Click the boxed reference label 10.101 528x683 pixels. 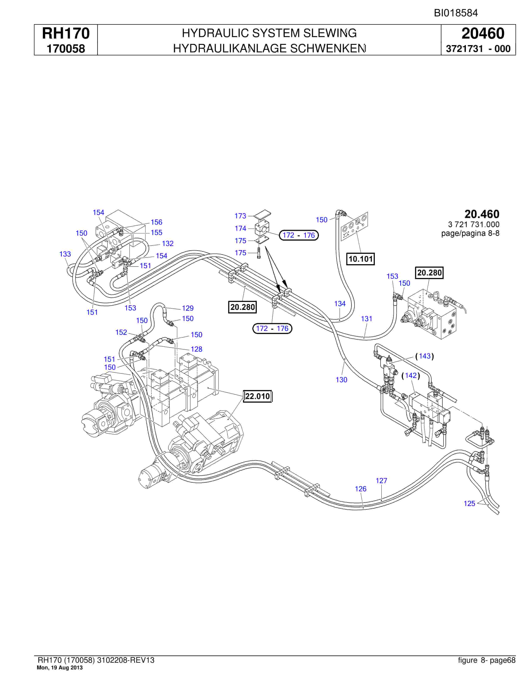pos(361,259)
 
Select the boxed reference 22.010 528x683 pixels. pos(258,396)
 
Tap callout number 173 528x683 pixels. pos(240,216)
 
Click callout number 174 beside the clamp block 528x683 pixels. pos(240,229)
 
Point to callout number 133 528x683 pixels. pos(65,254)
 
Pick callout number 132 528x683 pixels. pos(168,243)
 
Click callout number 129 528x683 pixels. pos(188,308)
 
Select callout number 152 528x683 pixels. pos(121,332)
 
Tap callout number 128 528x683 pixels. pos(196,349)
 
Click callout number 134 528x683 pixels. pos(340,304)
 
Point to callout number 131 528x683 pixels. pos(367,319)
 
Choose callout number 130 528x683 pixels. pos(342,380)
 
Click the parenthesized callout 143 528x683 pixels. pos(424,356)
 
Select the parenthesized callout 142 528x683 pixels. pos(410,375)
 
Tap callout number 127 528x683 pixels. pos(382,481)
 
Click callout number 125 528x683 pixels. pos(469,503)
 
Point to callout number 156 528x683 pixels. pos(156,222)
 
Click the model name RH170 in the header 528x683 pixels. pos(66,33)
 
